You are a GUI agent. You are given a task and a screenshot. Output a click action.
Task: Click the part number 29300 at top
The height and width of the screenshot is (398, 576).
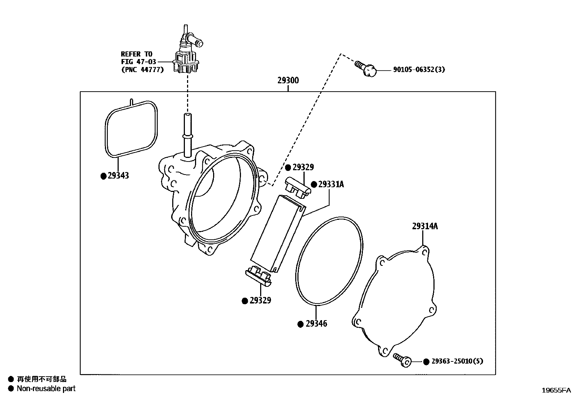[x=288, y=80]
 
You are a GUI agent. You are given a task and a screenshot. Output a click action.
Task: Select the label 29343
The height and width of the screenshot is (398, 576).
[x=118, y=176]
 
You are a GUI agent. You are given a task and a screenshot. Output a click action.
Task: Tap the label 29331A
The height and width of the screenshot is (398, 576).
[x=331, y=184]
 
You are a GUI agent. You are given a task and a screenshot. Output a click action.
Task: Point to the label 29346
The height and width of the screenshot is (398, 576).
[x=316, y=324]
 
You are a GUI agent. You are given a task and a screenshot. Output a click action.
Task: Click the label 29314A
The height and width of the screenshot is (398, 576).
[x=425, y=226]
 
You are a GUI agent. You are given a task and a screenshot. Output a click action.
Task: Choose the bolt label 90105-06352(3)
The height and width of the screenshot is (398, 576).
[x=419, y=69]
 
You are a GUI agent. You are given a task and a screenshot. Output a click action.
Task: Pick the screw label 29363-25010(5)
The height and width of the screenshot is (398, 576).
[x=457, y=361]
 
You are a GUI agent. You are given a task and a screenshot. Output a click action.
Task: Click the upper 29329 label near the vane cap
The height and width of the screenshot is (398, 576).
[x=303, y=167]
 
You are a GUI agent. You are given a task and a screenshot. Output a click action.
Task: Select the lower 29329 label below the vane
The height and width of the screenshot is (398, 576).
[x=260, y=301]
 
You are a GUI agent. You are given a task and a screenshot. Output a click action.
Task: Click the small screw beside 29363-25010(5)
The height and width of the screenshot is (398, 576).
[x=402, y=360]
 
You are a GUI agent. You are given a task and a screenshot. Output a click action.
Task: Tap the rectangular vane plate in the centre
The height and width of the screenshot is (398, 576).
[x=278, y=232]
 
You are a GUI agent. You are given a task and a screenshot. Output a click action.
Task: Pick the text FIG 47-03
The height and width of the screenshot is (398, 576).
[x=139, y=62]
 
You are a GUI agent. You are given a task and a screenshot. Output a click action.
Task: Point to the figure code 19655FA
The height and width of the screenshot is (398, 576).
[x=556, y=390]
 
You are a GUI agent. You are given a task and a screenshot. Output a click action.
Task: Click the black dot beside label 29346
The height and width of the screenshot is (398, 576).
[x=300, y=324]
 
